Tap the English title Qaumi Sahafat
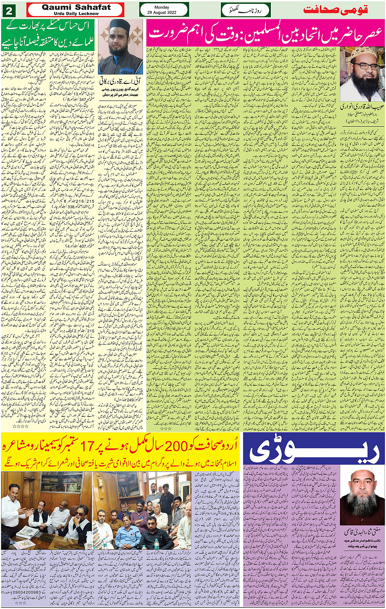coord(76,7)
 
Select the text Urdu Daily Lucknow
coord(76,13)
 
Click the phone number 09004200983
coord(22,591)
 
